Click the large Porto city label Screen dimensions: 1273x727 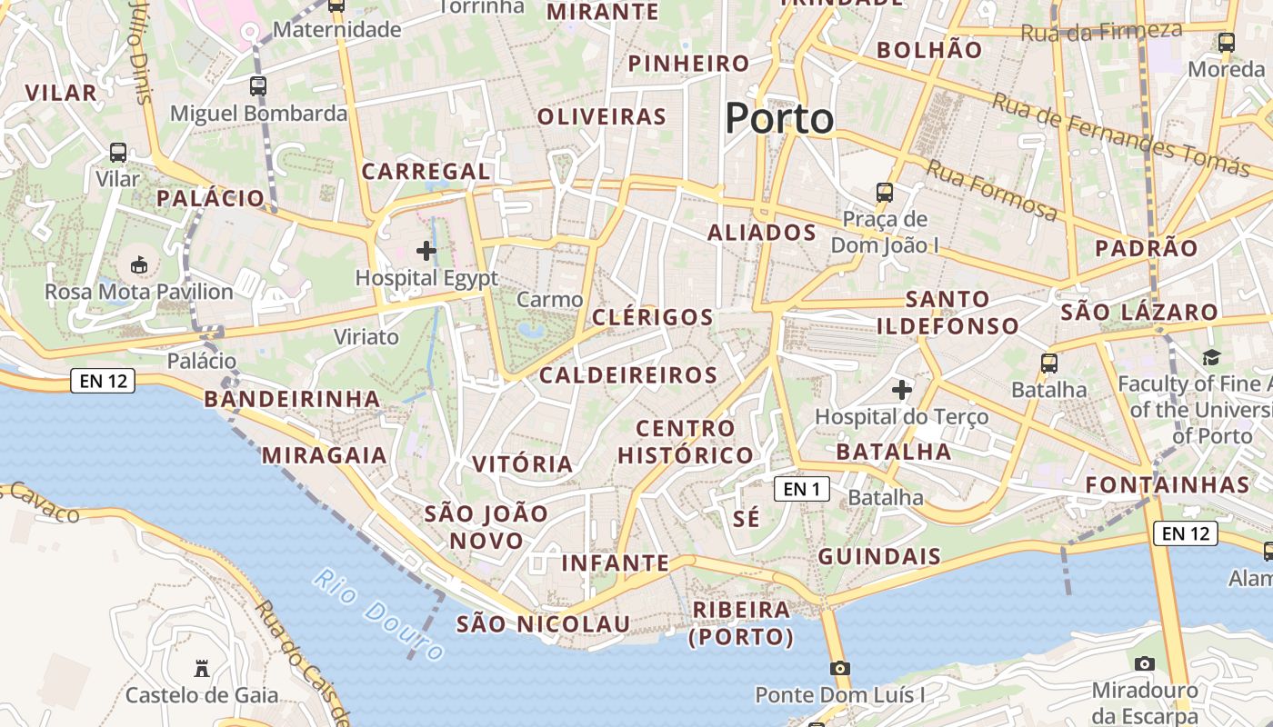[x=779, y=119]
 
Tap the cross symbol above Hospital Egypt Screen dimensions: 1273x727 [x=426, y=251]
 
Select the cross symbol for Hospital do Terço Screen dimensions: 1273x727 [x=901, y=391]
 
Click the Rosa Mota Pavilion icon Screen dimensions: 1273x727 [x=139, y=265]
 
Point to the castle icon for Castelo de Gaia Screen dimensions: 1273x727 [x=201, y=670]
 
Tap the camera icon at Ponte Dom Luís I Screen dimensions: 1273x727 [x=840, y=669]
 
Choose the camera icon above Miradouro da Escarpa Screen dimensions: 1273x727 [x=1145, y=663]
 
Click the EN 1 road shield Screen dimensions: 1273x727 [x=801, y=490]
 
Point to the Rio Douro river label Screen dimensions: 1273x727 [x=378, y=614]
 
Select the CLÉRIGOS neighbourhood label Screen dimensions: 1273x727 [x=652, y=317]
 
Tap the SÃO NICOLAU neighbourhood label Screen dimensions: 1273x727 [x=543, y=624]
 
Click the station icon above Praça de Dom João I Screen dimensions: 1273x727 [x=884, y=193]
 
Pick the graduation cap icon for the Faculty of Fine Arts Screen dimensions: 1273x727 [x=1210, y=357]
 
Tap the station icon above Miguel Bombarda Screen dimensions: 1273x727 [x=258, y=86]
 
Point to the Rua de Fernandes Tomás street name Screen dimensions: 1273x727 [x=1120, y=134]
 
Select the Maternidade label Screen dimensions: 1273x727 [x=336, y=30]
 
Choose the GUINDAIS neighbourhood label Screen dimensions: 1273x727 [x=878, y=556]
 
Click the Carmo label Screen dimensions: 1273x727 [x=549, y=300]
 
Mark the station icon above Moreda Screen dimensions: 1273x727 [x=1226, y=42]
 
